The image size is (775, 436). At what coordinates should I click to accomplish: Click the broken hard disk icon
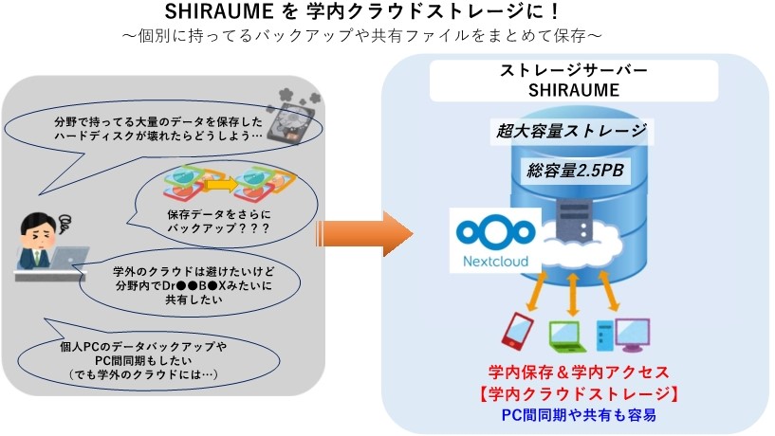pos(294,119)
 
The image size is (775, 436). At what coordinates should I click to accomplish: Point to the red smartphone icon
pos(516,329)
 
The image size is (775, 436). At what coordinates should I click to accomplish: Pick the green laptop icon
pos(567,333)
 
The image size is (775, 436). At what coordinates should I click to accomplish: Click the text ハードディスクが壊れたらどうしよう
pos(157,136)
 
